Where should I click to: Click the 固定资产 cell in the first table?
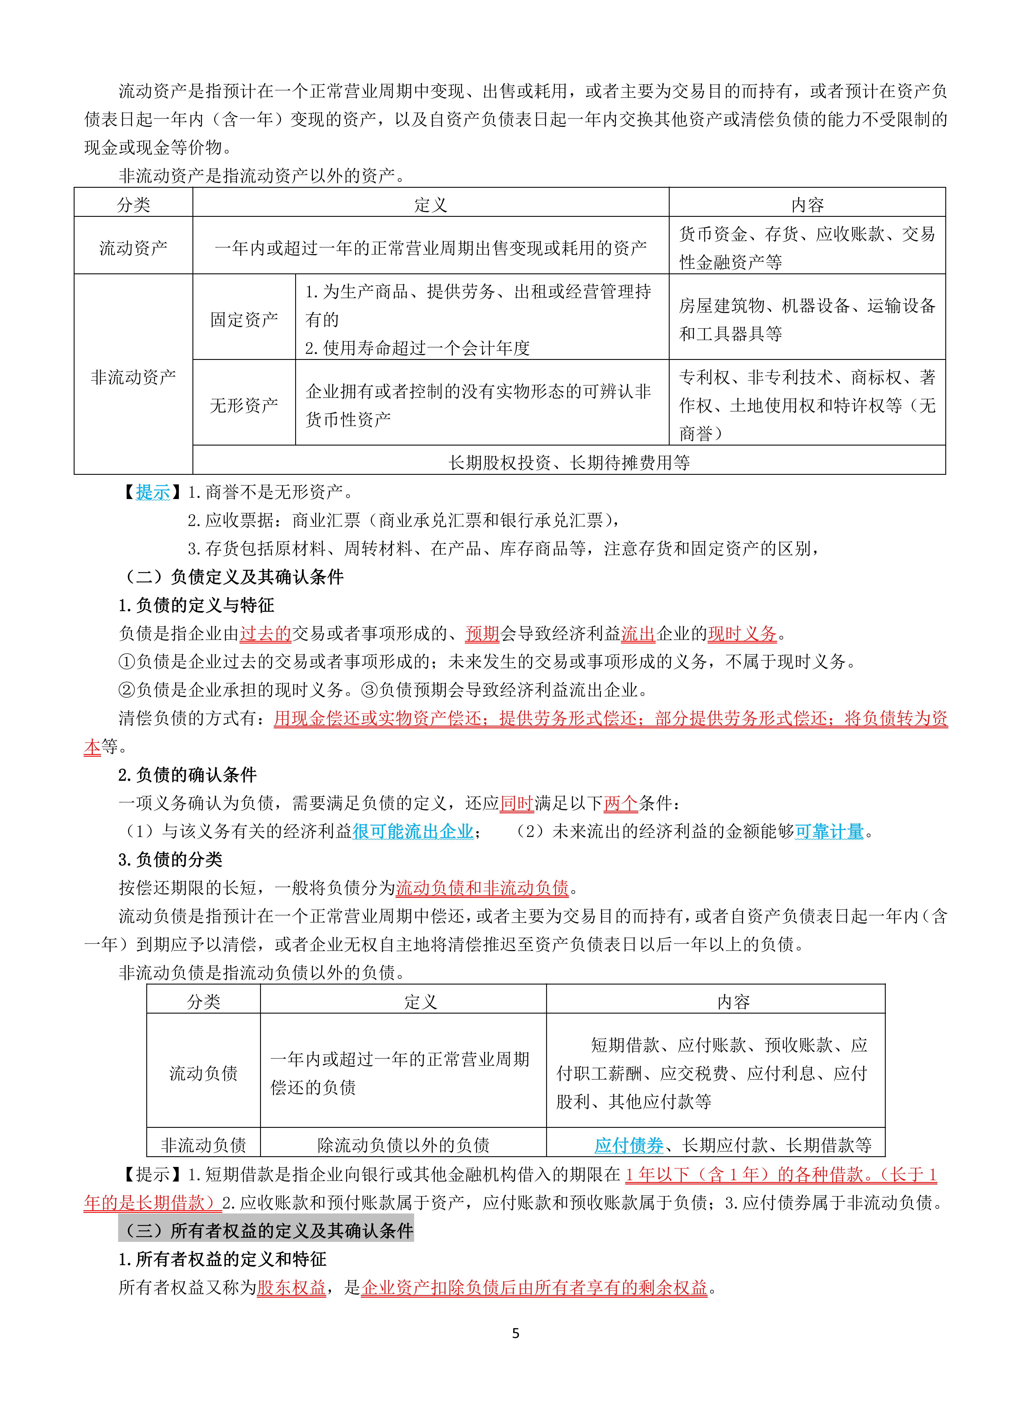(x=244, y=319)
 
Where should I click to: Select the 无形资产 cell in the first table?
(x=244, y=405)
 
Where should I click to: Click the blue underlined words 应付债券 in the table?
(x=628, y=1145)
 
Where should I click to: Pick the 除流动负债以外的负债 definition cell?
(x=403, y=1145)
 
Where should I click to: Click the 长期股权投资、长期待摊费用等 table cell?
(x=568, y=462)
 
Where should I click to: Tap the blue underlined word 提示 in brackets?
(x=152, y=492)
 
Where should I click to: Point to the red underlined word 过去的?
(x=265, y=634)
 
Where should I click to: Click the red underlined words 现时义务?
(x=742, y=634)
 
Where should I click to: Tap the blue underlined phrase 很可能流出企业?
(x=413, y=831)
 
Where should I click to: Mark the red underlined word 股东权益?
(x=291, y=1287)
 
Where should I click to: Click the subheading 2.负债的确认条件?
(x=187, y=775)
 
